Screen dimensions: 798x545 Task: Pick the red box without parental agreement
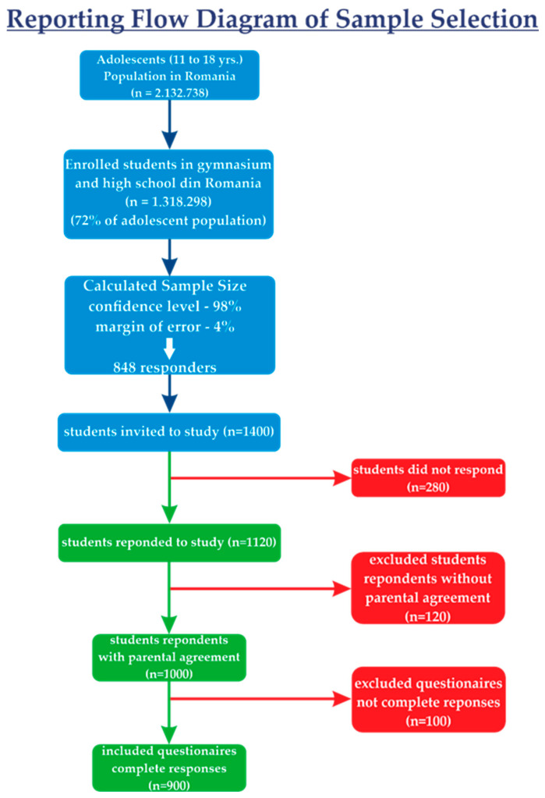[427, 587]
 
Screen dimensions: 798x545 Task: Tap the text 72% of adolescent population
[168, 220]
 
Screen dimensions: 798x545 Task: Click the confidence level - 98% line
[168, 306]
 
